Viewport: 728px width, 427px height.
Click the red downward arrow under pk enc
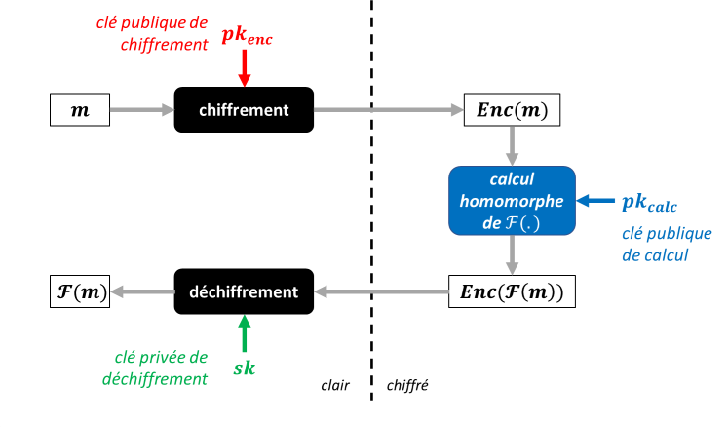point(245,67)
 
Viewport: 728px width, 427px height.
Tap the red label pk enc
point(249,36)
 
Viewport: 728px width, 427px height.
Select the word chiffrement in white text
point(244,110)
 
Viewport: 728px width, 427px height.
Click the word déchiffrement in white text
point(243,291)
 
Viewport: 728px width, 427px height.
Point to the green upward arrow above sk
point(244,332)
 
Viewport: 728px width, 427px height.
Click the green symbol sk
point(244,369)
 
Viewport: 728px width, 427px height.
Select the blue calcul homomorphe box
point(512,201)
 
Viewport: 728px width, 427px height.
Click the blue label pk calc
point(649,204)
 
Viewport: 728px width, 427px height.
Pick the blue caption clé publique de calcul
point(667,244)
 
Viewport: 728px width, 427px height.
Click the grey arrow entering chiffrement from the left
point(141,109)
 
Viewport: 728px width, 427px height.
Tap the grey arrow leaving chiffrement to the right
point(388,109)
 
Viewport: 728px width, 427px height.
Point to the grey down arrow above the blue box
point(512,144)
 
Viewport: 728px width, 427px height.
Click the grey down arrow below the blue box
point(512,256)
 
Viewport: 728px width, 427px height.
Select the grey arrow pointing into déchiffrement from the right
point(380,291)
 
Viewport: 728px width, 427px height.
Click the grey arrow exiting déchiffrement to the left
point(141,291)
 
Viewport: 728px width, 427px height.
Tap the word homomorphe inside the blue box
point(513,202)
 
